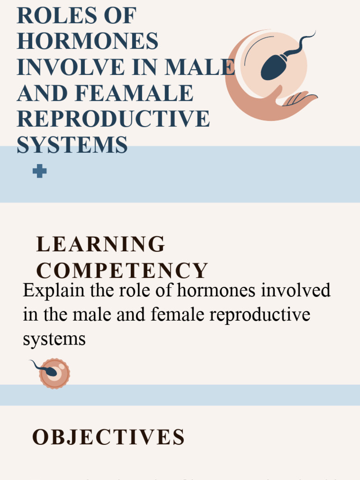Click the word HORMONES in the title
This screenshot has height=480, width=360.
[x=88, y=42]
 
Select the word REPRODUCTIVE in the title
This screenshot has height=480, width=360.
[x=113, y=119]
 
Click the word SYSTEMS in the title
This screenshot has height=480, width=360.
[x=72, y=144]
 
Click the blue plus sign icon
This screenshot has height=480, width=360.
[x=39, y=172]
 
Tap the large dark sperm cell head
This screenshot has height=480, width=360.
[x=274, y=67]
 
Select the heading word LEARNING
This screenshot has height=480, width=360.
[x=101, y=244]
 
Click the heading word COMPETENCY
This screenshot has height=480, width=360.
[x=122, y=270]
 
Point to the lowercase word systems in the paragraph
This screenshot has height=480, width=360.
[x=54, y=338]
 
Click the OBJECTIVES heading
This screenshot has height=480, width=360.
[x=108, y=437]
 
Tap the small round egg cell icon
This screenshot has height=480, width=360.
[x=54, y=374]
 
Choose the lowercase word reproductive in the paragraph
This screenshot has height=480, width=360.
[x=260, y=315]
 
